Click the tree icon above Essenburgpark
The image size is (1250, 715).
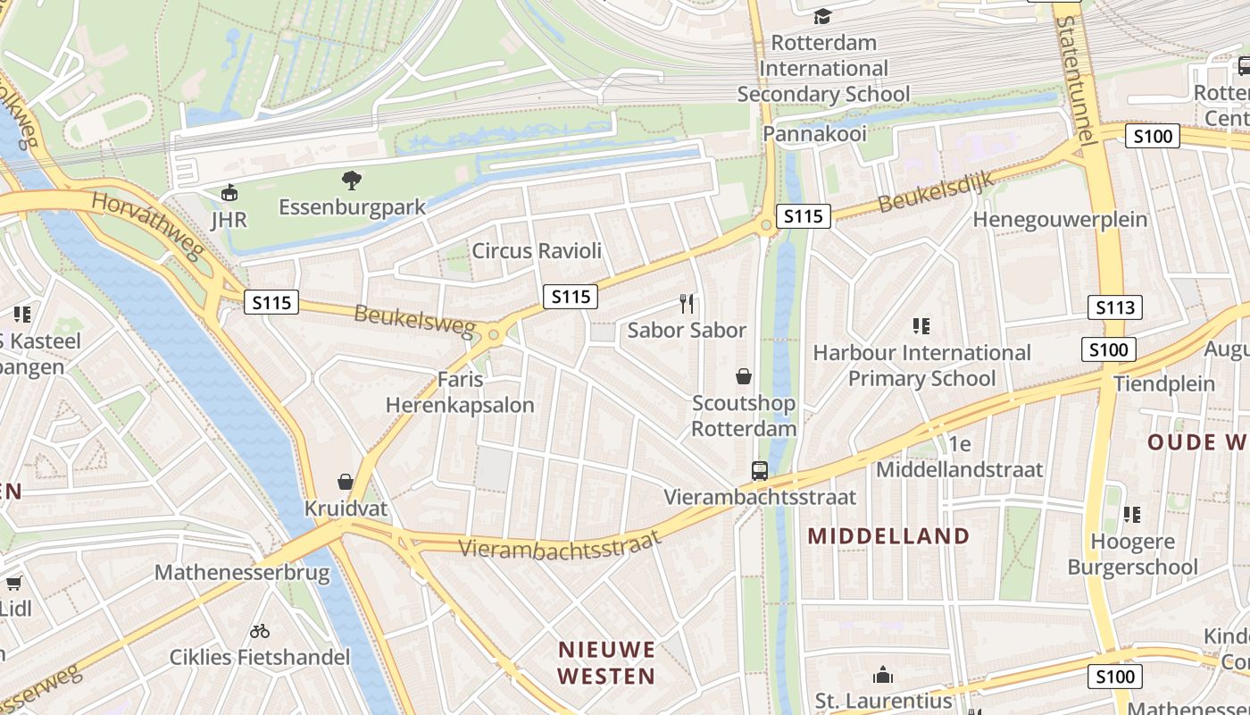352,181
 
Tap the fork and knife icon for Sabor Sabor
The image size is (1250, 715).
687,304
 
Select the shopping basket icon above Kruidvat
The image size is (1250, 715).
346,483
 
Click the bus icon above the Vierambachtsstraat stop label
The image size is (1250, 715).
759,470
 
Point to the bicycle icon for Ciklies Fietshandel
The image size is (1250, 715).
260,631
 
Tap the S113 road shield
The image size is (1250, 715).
1115,308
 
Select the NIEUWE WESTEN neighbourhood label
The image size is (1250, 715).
607,662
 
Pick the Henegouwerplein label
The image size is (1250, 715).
1060,220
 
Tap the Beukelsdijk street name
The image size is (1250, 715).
936,191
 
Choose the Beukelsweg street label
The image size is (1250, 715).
415,321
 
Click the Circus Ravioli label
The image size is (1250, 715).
537,251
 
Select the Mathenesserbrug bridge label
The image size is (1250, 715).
242,572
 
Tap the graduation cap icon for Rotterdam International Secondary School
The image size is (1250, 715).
822,16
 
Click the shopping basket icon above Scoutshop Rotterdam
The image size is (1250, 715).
743,376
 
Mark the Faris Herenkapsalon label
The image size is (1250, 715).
460,392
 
